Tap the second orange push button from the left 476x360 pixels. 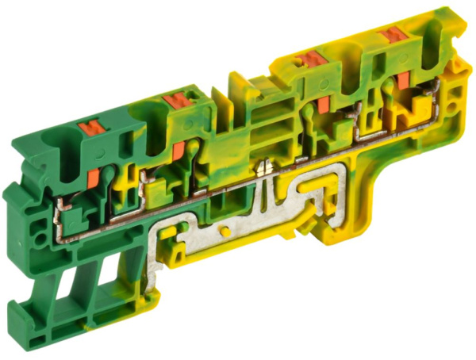point(172,100)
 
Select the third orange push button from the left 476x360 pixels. point(313,58)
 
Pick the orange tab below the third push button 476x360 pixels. point(323,108)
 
